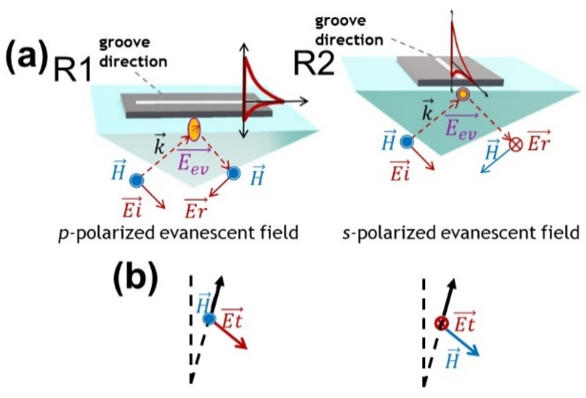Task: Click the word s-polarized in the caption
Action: (388, 233)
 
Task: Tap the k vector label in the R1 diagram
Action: (160, 146)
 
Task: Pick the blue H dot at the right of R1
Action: (233, 173)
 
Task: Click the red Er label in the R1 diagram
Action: (196, 209)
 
